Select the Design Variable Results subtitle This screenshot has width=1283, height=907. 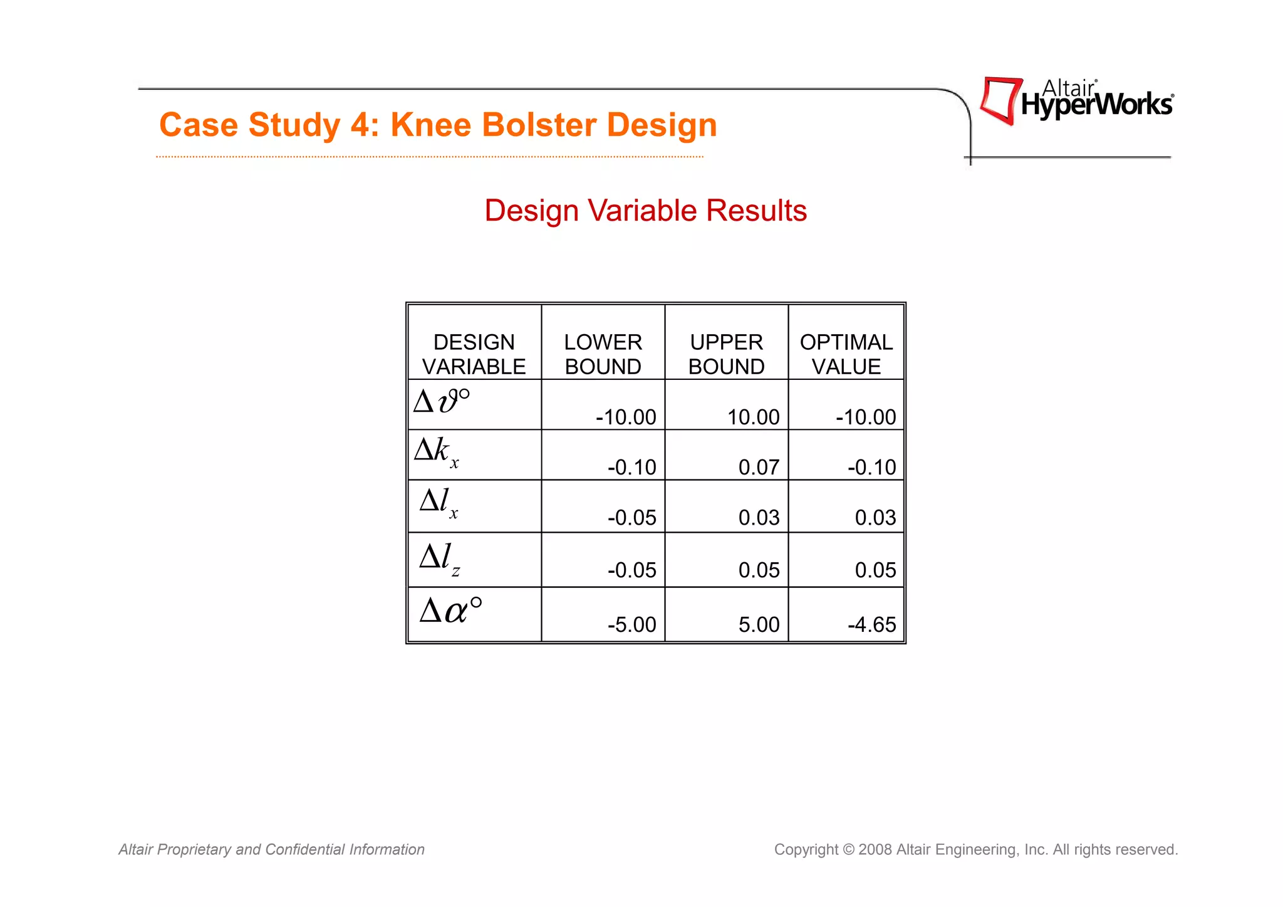[x=645, y=211]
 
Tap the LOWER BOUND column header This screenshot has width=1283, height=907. [x=603, y=354]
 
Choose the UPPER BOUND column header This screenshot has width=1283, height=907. [x=726, y=354]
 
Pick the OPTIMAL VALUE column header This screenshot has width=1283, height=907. [x=846, y=354]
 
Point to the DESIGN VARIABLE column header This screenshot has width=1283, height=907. [x=474, y=354]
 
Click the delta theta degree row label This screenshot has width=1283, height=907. [x=442, y=401]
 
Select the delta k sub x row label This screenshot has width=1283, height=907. [x=437, y=451]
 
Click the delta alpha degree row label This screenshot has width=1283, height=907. [x=450, y=611]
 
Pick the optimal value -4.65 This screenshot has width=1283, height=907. [x=871, y=624]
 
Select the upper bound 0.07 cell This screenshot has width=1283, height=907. [x=759, y=467]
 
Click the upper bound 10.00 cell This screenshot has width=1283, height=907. [x=753, y=417]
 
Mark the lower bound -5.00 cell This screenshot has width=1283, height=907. [x=631, y=624]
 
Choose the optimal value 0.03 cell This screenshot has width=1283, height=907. [x=875, y=517]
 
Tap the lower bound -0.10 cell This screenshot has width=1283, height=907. [x=631, y=467]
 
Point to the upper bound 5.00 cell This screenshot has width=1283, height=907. [x=759, y=624]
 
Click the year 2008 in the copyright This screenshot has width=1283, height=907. [x=875, y=849]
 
